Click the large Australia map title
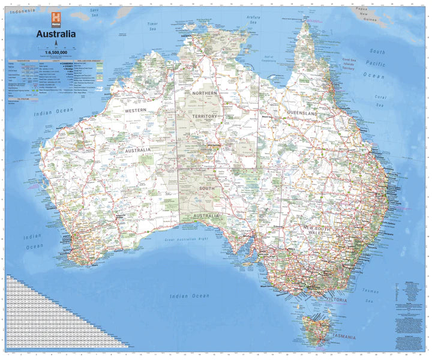56,34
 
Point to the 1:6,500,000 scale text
56,53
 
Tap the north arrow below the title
56,43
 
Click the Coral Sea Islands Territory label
349,64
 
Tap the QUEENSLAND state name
318,113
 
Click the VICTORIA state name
336,298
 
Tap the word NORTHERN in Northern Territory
205,94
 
